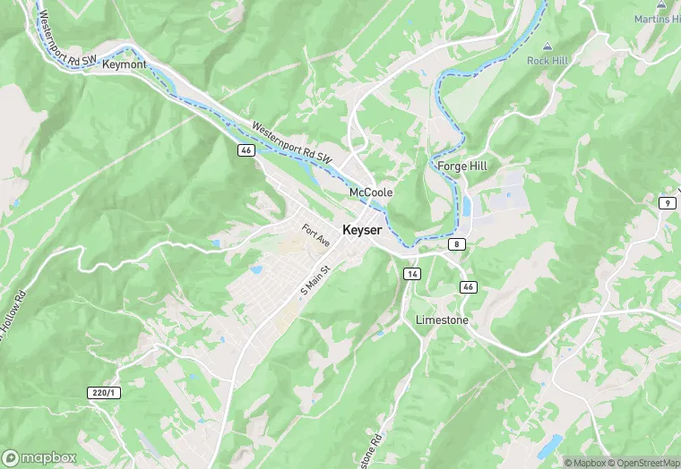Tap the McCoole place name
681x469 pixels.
pyautogui.click(x=371, y=192)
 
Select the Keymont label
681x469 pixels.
pyautogui.click(x=124, y=64)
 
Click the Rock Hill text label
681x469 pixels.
pyautogui.click(x=547, y=61)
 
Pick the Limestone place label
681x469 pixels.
pyautogui.click(x=442, y=320)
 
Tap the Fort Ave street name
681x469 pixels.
pyautogui.click(x=316, y=235)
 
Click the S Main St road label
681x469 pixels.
pyautogui.click(x=315, y=278)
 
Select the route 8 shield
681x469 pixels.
pyautogui.click(x=458, y=243)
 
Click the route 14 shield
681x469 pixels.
pyautogui.click(x=411, y=273)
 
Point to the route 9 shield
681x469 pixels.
pyautogui.click(x=667, y=203)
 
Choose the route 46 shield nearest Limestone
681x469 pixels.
pyautogui.click(x=468, y=286)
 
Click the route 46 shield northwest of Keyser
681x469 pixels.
pyautogui.click(x=246, y=150)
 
